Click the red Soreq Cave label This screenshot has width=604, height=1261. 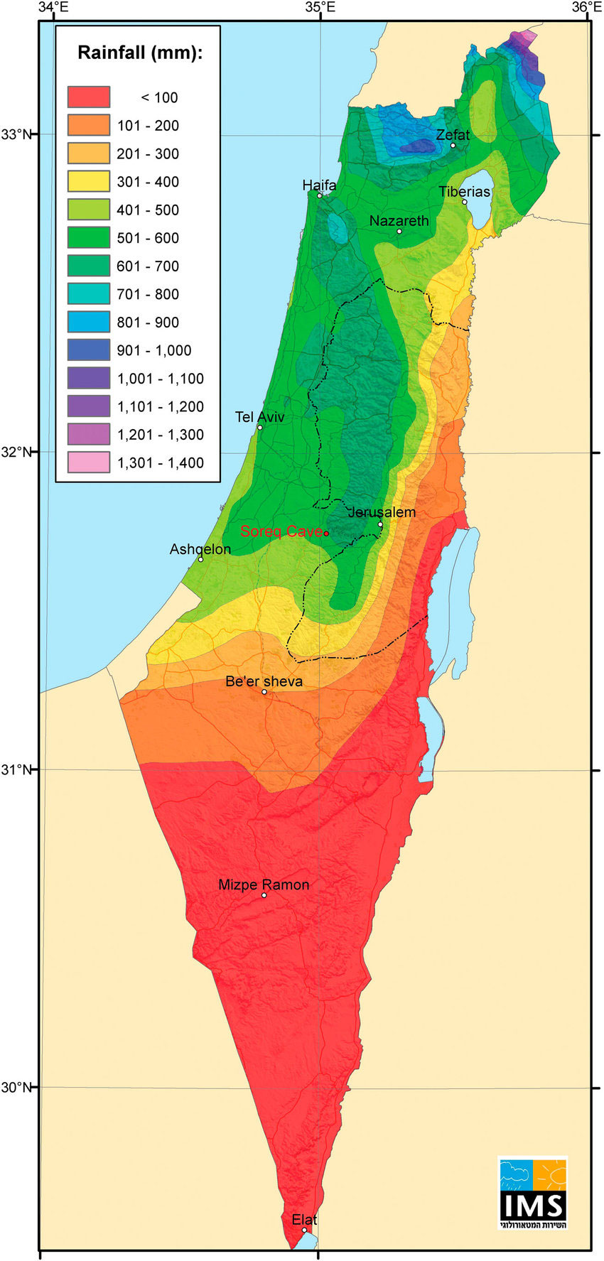(x=281, y=531)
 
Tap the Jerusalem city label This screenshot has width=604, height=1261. (x=382, y=512)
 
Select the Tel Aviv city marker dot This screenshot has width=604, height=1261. (x=260, y=427)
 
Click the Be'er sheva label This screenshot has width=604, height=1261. (x=264, y=681)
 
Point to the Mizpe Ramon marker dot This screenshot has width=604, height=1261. (x=264, y=895)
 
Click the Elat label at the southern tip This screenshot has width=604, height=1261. (x=304, y=1220)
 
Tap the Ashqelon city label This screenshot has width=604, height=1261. (x=200, y=549)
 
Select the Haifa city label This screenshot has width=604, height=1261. (x=319, y=185)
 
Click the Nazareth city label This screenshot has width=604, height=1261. (x=399, y=221)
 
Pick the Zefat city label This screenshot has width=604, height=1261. (x=453, y=134)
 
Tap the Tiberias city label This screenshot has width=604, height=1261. (x=464, y=192)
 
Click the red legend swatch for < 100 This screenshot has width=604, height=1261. (x=89, y=97)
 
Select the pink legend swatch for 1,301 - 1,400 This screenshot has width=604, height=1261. (x=89, y=462)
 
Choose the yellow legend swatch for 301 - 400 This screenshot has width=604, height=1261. (x=89, y=181)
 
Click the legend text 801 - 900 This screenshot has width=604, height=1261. (x=148, y=323)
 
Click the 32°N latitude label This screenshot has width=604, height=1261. (x=17, y=452)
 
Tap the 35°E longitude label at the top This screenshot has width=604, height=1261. (x=320, y=8)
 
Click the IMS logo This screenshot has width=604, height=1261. (x=532, y=1194)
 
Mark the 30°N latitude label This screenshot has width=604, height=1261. (x=17, y=1087)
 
